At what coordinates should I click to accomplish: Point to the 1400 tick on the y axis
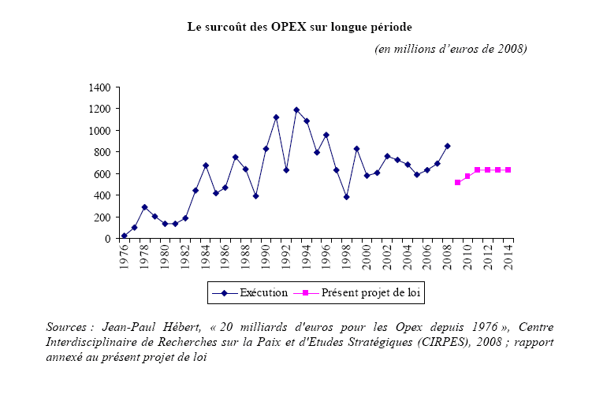pos(101,87)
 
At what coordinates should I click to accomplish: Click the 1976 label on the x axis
pos(125,258)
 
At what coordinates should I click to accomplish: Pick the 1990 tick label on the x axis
pos(266,258)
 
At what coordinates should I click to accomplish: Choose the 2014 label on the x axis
pos(508,258)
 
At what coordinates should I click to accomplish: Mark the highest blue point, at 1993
pos(296,110)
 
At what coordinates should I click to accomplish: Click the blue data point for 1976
pos(125,236)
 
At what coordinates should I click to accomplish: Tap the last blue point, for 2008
pos(448,146)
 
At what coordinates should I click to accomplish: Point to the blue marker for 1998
pos(347,197)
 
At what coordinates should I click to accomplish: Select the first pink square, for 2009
pos(457,182)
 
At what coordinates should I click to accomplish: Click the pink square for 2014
pos(508,169)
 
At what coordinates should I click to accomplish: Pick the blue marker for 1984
pos(205,165)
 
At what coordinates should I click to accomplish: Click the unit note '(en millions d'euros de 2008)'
pos(450,49)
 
